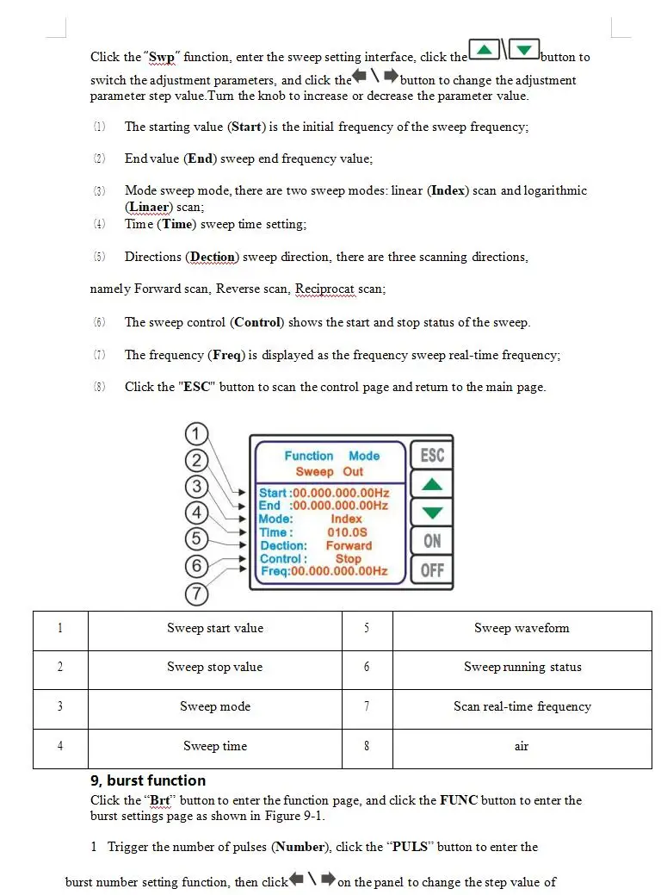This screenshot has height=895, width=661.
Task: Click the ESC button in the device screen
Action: click(432, 455)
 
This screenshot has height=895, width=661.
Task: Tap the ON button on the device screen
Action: click(432, 541)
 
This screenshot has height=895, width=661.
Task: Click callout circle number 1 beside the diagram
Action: click(197, 433)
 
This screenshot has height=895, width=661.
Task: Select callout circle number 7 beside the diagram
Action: click(197, 594)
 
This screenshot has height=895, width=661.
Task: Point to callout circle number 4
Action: click(197, 513)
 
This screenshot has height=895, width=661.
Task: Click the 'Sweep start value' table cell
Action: click(215, 628)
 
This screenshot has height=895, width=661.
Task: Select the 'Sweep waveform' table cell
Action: click(522, 628)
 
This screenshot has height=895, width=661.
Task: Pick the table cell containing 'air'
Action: click(522, 746)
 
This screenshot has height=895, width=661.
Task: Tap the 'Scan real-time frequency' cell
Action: click(522, 706)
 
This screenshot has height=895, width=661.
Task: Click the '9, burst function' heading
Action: click(148, 780)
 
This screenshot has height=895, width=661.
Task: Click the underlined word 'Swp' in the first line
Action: click(162, 57)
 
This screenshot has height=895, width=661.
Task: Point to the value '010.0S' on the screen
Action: click(347, 532)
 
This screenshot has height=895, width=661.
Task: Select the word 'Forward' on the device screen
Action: click(349, 545)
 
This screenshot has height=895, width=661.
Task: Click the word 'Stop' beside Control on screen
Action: click(349, 558)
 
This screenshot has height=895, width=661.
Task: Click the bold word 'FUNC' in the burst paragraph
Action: click(458, 800)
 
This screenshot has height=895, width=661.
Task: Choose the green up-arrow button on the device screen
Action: click(432, 484)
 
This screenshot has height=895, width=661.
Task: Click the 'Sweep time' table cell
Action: click(215, 746)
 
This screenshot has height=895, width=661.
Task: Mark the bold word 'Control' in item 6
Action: click(257, 322)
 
